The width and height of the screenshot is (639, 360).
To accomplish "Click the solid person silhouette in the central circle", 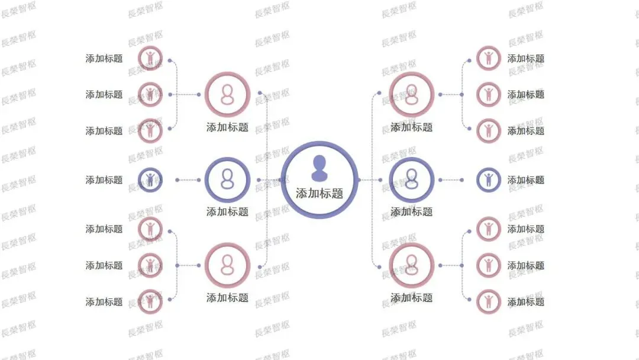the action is [x=319, y=168].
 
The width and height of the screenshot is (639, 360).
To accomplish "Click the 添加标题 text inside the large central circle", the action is [x=319, y=194].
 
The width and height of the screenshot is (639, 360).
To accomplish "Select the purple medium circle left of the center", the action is [x=227, y=179].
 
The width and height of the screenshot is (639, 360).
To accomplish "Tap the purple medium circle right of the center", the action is [x=412, y=179].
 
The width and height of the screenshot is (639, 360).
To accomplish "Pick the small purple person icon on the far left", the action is [x=150, y=179].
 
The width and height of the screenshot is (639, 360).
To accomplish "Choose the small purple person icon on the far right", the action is [x=489, y=179].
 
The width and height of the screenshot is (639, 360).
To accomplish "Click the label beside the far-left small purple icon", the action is [x=104, y=179].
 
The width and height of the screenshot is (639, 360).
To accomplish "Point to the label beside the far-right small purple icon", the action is [x=525, y=180].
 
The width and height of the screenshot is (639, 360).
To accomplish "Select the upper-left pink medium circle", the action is [x=227, y=94].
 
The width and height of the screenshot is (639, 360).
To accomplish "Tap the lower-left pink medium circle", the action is [x=227, y=265].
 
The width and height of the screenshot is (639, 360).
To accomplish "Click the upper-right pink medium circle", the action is [x=412, y=94].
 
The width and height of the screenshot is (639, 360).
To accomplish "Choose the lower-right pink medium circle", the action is [x=412, y=265].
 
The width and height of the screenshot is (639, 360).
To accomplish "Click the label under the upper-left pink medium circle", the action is [x=227, y=127].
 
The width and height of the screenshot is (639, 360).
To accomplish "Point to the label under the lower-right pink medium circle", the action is [x=412, y=298].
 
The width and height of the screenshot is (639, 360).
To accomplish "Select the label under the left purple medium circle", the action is [x=227, y=212].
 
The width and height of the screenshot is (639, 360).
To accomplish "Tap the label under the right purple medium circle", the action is [x=412, y=212].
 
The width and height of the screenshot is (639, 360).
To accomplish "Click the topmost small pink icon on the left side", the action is [x=150, y=58].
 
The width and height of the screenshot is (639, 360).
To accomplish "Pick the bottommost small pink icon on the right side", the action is [x=489, y=301].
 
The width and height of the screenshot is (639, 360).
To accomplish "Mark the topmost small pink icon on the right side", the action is [x=489, y=58].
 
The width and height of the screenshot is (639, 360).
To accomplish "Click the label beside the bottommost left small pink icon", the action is [x=104, y=302].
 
